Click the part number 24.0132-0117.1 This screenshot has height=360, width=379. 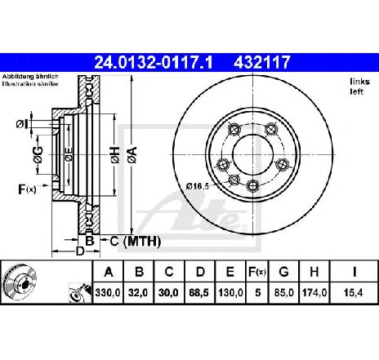[154, 62]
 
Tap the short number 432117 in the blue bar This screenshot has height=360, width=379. [262, 62]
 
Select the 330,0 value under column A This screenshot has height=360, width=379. [108, 293]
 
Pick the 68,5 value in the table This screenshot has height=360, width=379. [199, 293]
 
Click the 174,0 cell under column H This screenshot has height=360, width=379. [314, 293]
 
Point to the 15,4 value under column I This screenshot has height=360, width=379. [354, 293]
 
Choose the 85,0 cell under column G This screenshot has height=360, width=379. [283, 293]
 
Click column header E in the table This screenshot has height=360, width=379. [230, 272]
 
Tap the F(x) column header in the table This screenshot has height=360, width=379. [257, 272]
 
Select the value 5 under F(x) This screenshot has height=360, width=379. [257, 293]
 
